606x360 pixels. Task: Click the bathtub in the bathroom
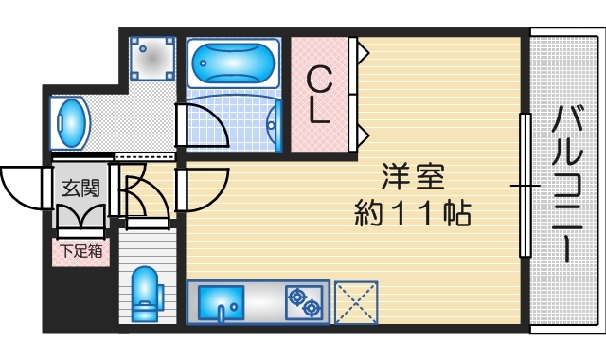click(x=233, y=64)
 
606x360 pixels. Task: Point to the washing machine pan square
click(x=151, y=59)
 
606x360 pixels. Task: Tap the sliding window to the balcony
click(x=523, y=185)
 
